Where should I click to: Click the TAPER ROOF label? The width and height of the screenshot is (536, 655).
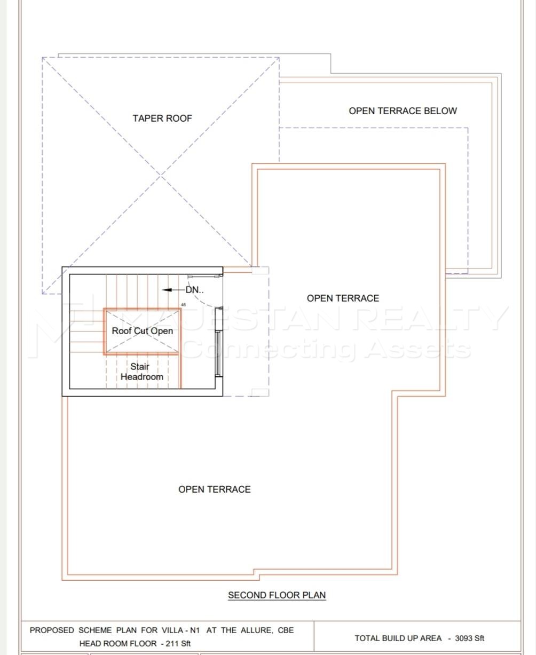(162, 119)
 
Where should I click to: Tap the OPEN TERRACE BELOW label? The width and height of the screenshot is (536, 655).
(403, 111)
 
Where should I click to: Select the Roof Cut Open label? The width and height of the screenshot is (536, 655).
(142, 331)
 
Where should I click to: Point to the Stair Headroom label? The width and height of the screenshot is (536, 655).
(141, 372)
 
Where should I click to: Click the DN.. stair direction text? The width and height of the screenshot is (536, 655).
(194, 290)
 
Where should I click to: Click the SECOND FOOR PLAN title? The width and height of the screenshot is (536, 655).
(277, 595)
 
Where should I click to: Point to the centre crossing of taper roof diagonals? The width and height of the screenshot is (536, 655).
(161, 176)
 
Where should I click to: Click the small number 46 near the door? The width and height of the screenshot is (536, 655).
(183, 305)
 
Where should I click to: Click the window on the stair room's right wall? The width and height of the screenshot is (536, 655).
(219, 353)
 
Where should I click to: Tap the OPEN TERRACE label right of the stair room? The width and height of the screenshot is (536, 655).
(343, 298)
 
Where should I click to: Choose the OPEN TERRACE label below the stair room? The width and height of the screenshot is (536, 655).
(214, 490)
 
